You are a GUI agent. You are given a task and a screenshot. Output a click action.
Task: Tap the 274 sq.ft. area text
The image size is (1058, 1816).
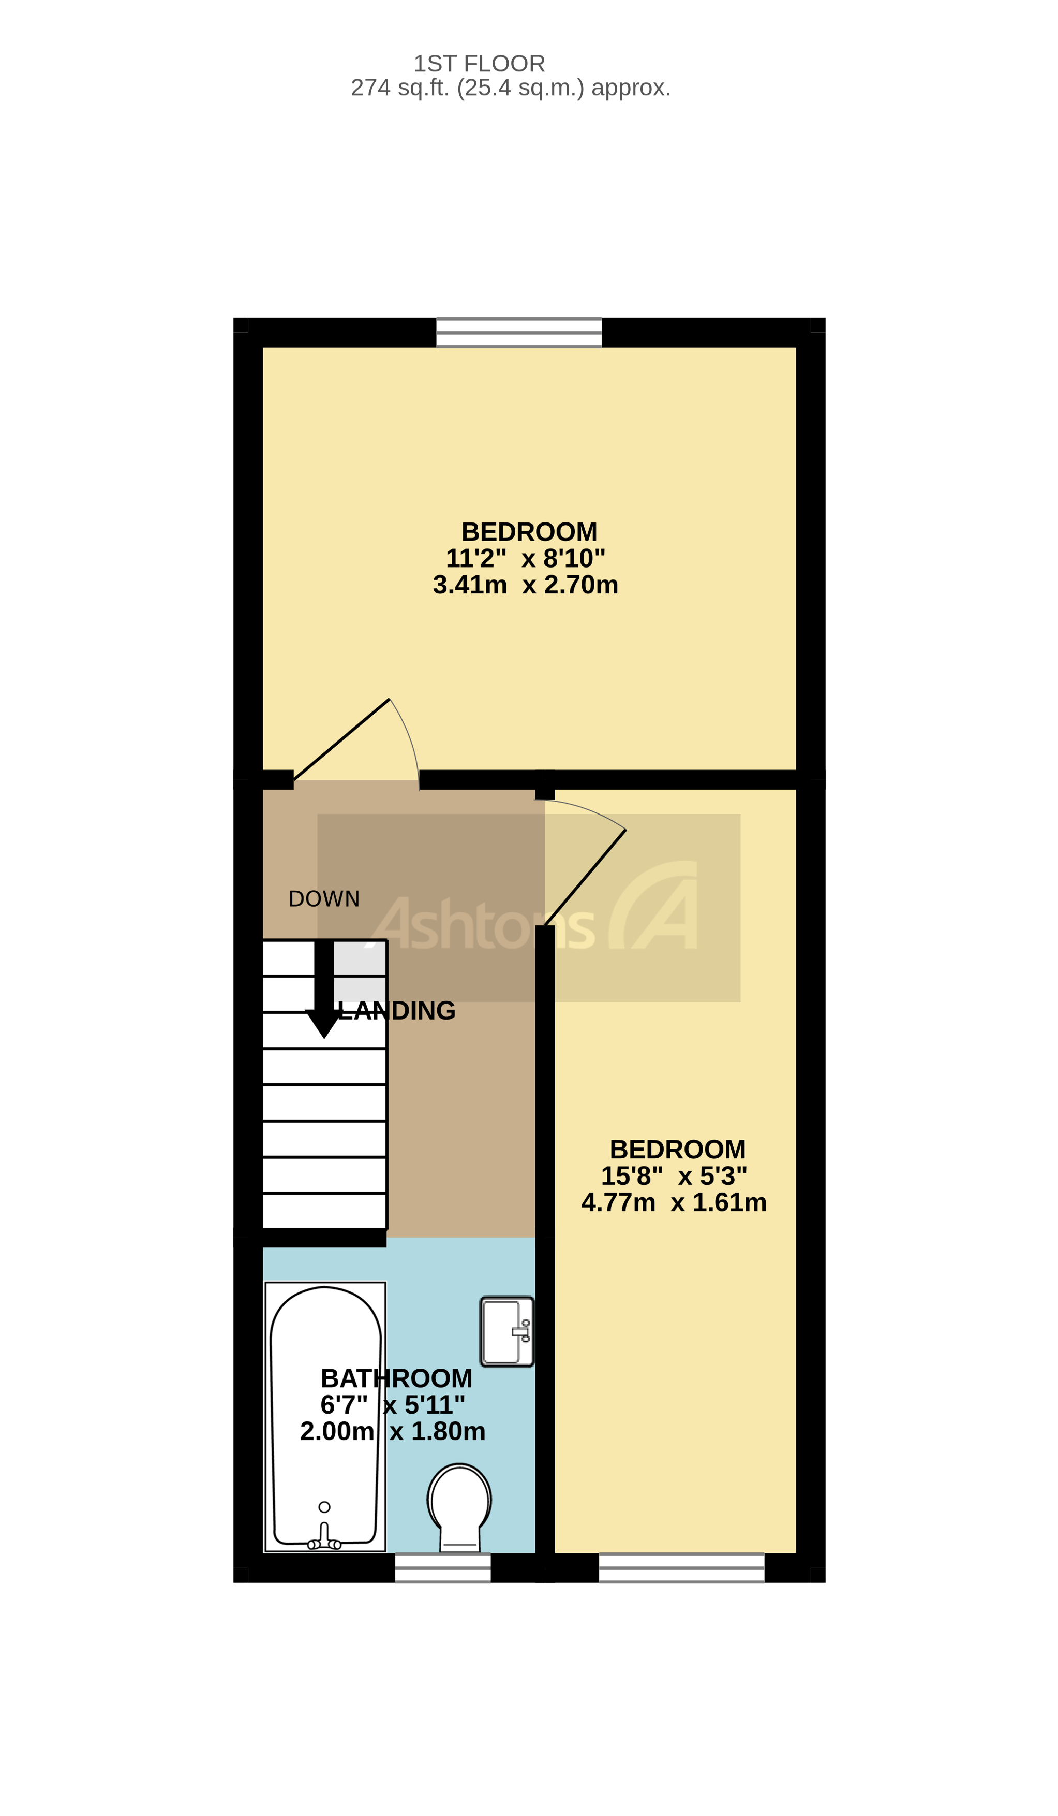510,88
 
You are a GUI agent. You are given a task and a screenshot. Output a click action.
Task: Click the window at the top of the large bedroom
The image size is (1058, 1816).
518,333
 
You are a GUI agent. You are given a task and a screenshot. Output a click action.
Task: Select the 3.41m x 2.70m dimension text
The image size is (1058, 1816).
525,585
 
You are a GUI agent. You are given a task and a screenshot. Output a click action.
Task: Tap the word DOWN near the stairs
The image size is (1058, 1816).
324,898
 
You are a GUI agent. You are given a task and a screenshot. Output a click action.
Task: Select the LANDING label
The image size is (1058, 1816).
397,1011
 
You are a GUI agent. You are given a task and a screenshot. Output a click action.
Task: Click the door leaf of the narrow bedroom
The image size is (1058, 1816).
585,878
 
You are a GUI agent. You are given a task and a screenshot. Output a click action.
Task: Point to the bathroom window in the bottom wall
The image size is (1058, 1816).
442,1568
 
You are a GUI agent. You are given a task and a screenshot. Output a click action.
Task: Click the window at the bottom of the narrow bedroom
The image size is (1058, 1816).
681,1568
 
